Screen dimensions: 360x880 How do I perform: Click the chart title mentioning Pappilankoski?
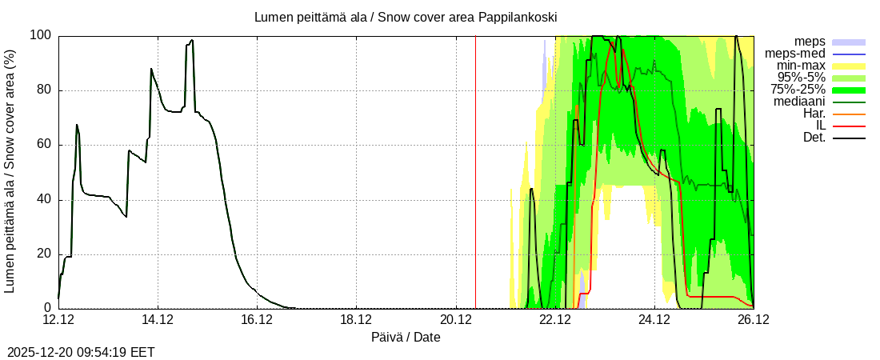coord(406,17)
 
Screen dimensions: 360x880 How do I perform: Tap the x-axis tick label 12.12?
coord(59,320)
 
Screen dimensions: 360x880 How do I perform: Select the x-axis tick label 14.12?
coord(158,320)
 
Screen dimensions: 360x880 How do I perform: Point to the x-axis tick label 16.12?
coord(258,320)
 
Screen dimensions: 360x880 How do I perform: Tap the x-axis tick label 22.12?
coord(555,320)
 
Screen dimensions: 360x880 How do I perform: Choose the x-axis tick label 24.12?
coord(654,320)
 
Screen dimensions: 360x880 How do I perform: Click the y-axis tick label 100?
coord(41,35)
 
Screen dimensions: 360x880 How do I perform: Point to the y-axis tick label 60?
coord(44,145)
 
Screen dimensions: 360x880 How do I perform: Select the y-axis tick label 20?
coord(44,254)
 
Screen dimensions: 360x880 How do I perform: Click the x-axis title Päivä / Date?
coord(406,337)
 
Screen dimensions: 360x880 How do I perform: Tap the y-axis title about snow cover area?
coord(10,171)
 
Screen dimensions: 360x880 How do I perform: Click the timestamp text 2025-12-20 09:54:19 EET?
coord(81,352)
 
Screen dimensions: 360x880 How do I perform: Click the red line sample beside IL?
coord(850,126)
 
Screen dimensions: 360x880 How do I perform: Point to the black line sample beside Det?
coord(850,138)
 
